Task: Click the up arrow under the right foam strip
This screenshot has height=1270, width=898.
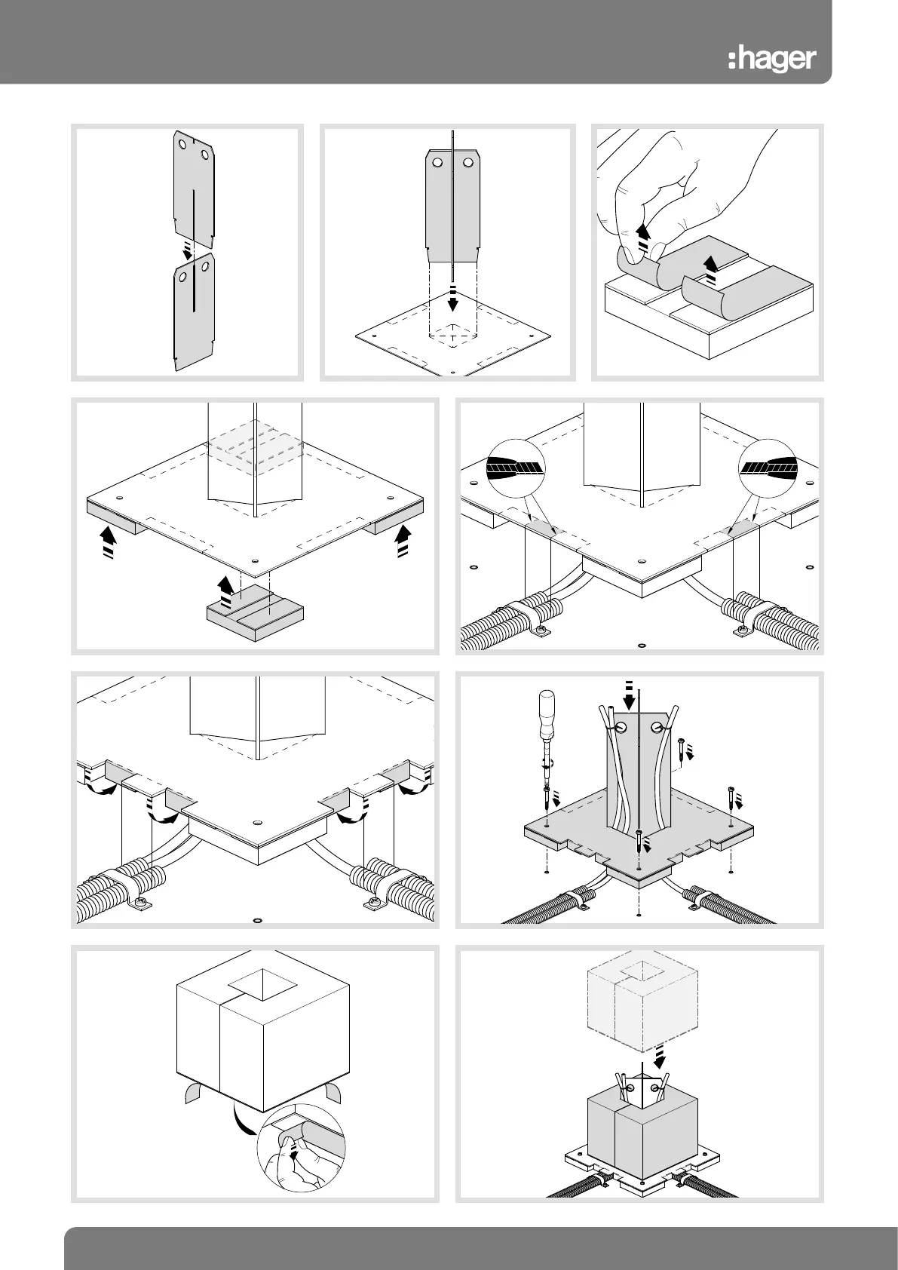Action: coord(403,540)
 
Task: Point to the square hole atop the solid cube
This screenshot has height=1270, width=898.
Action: coord(263,985)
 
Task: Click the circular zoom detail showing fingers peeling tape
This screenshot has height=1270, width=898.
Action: coord(301,1151)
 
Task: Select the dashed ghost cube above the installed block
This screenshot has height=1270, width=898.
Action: coord(641,1009)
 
